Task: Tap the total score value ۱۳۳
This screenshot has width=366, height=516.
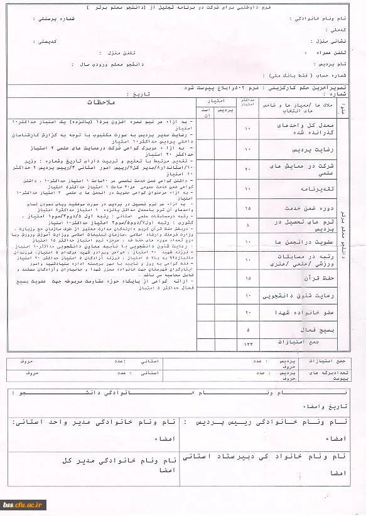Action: (247, 344)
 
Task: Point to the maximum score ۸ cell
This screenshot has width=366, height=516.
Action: (247, 223)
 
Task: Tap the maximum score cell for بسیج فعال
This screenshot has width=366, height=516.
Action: (247, 329)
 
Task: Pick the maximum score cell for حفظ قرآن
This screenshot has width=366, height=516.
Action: (247, 277)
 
